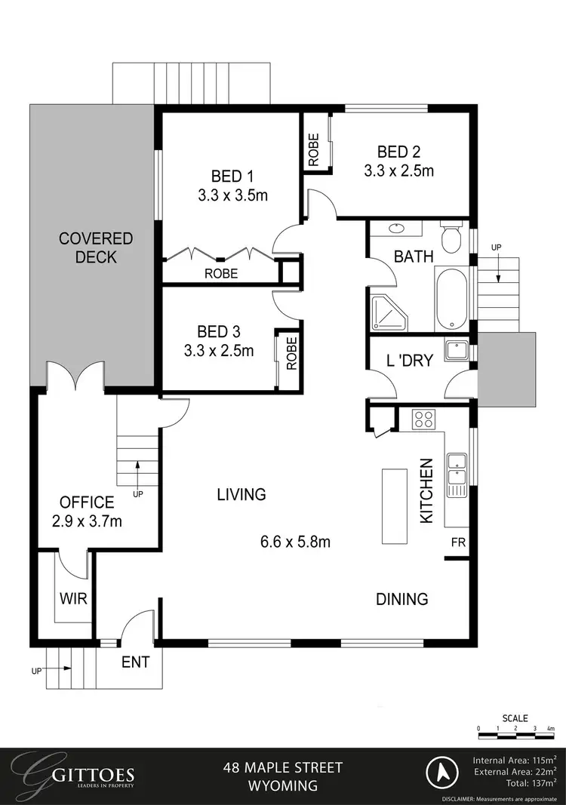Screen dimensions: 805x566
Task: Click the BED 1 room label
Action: click(232, 177)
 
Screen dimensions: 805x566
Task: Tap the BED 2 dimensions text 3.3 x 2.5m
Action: click(398, 171)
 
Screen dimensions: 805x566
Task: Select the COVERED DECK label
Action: click(96, 247)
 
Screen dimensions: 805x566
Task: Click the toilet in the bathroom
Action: click(452, 238)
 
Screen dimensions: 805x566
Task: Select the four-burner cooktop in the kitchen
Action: click(422, 419)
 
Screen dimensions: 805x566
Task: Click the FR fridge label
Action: click(458, 542)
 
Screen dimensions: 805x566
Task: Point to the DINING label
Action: click(402, 599)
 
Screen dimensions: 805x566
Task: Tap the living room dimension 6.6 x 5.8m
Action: click(295, 542)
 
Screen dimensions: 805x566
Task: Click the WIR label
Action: click(74, 600)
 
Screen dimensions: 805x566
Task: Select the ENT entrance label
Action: click(136, 662)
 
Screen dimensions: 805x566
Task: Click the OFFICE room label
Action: click(87, 502)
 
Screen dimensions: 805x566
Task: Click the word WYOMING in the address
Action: click(283, 786)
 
